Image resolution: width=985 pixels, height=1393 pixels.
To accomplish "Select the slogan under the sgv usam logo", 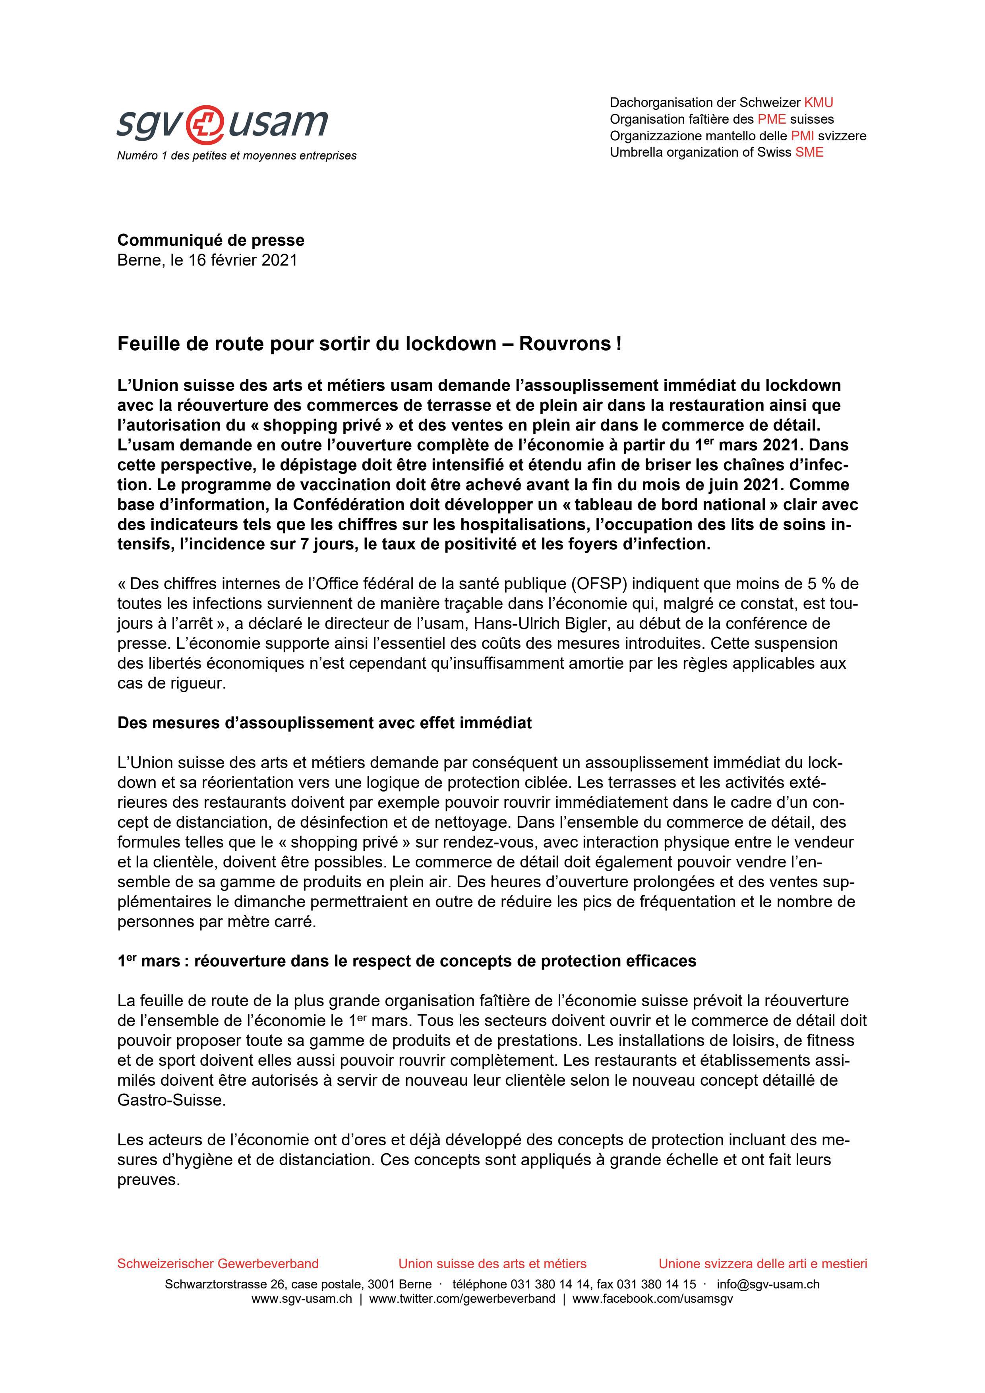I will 236,156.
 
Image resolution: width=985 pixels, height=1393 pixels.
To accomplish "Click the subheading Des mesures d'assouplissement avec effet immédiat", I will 325,723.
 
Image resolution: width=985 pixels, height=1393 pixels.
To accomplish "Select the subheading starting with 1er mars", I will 406,962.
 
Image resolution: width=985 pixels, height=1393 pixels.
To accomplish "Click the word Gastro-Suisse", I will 171,1100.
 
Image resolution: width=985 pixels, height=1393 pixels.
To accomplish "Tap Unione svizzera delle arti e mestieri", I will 762,1264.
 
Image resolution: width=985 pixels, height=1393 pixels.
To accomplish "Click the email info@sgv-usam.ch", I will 768,1284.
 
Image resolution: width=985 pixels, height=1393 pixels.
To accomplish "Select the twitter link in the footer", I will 462,1299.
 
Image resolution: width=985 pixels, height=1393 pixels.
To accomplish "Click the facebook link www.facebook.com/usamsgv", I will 652,1299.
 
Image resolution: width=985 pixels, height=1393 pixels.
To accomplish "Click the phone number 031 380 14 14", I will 550,1284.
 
